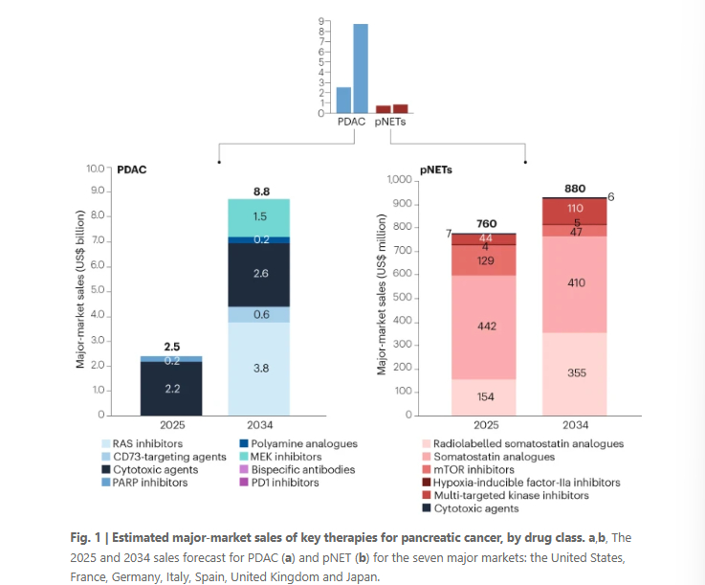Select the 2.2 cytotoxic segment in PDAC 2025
171,389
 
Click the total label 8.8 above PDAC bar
261,191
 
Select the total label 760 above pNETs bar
486,224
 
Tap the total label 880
575,189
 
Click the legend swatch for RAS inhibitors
107,444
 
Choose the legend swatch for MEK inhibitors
244,457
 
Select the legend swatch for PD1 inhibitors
244,483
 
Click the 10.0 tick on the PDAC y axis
95,169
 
